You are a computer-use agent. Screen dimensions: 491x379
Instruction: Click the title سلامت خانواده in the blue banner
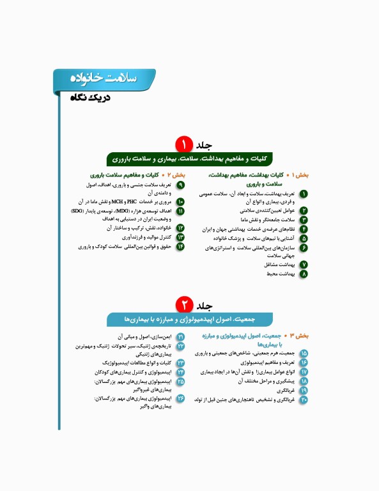click(102, 77)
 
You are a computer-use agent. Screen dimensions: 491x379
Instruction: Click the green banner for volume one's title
click(189, 159)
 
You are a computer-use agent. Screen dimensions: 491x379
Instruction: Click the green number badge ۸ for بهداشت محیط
click(304, 274)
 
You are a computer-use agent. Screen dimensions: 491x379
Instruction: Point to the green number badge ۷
click(304, 264)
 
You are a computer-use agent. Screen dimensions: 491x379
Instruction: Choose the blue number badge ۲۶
click(180, 398)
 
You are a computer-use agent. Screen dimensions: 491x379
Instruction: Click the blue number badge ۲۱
click(180, 336)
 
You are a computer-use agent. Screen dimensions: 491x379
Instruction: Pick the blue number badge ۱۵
click(304, 354)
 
